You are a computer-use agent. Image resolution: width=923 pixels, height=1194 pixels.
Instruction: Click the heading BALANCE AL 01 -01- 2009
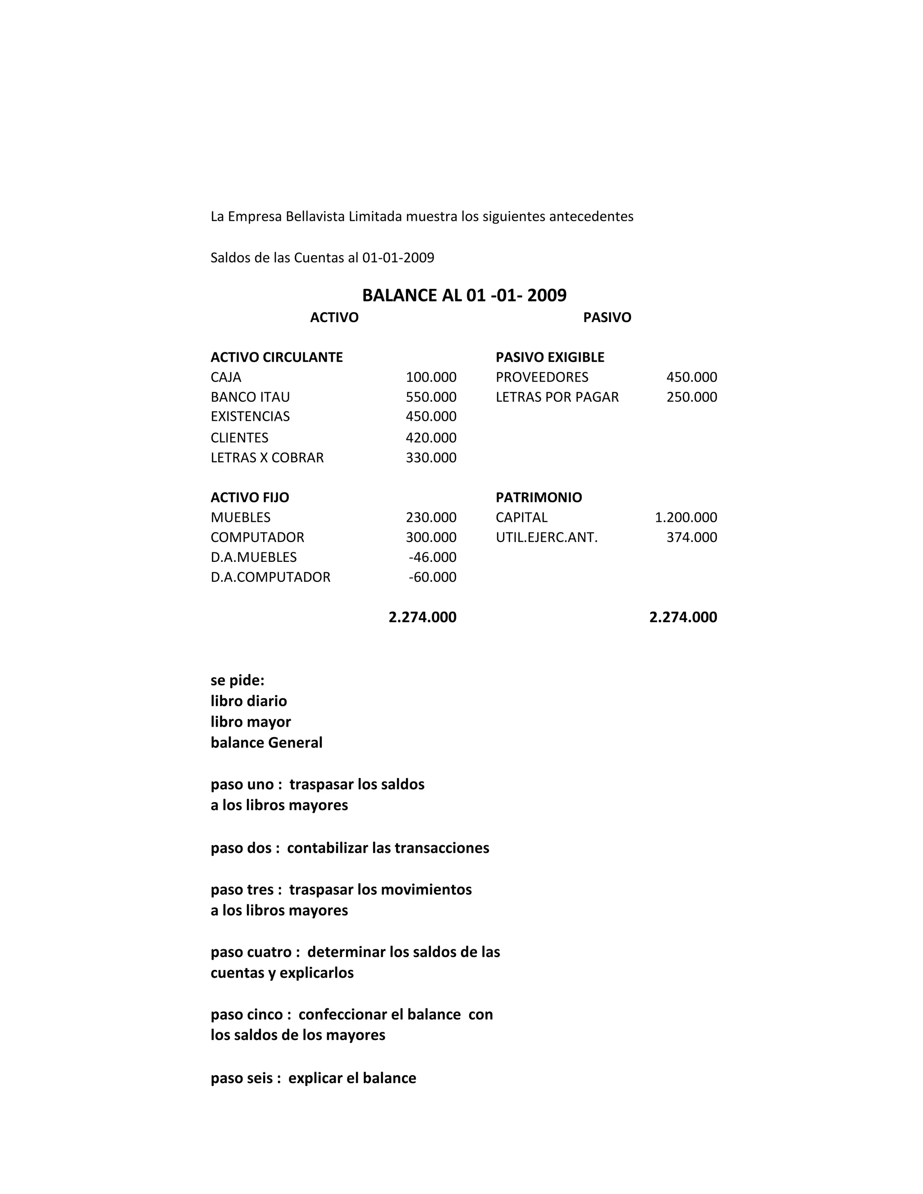(464, 295)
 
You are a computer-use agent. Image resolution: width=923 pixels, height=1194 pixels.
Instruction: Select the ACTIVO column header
(334, 318)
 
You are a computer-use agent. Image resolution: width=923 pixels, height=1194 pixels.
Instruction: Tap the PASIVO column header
(607, 318)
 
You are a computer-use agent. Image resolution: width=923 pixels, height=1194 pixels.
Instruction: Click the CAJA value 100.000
(431, 377)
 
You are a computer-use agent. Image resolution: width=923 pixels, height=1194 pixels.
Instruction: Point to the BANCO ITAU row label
(251, 397)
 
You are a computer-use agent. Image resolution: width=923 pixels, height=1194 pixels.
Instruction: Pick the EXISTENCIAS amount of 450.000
(431, 417)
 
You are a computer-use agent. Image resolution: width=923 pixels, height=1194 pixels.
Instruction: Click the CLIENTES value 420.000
(431, 438)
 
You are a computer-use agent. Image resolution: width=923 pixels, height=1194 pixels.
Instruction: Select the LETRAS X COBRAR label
(267, 458)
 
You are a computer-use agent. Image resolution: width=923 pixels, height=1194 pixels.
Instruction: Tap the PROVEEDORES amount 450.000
(691, 377)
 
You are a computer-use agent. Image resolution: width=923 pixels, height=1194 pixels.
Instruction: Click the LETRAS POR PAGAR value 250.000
(691, 397)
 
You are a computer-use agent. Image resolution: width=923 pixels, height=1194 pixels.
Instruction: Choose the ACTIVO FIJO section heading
(250, 497)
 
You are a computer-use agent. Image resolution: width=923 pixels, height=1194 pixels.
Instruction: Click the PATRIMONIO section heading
(539, 497)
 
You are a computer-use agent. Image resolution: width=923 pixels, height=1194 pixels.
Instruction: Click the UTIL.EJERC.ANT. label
(547, 538)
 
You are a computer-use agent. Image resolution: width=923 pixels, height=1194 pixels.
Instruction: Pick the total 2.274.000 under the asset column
(422, 617)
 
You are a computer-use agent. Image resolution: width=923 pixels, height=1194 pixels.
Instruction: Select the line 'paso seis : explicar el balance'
(313, 1078)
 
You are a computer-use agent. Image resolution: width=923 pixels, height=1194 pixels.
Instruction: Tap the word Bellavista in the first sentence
(315, 216)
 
